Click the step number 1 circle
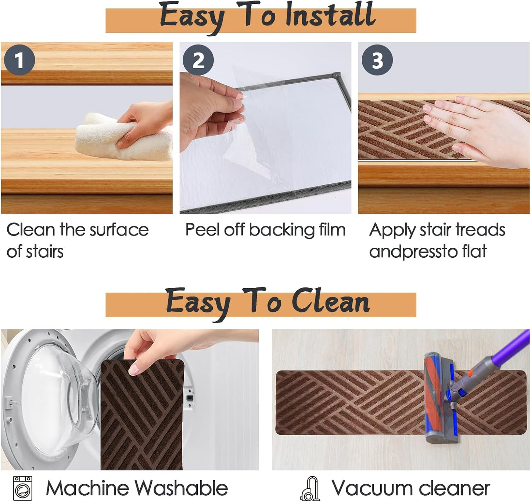click(19, 60)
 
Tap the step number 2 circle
click(198, 60)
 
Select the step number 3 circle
click(377, 60)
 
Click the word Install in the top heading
click(330, 15)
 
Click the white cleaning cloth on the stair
click(123, 138)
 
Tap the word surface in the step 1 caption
click(119, 230)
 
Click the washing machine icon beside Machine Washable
click(23, 488)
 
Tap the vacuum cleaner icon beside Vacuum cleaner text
click(310, 488)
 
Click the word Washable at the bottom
click(181, 488)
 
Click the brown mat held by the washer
click(142, 415)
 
